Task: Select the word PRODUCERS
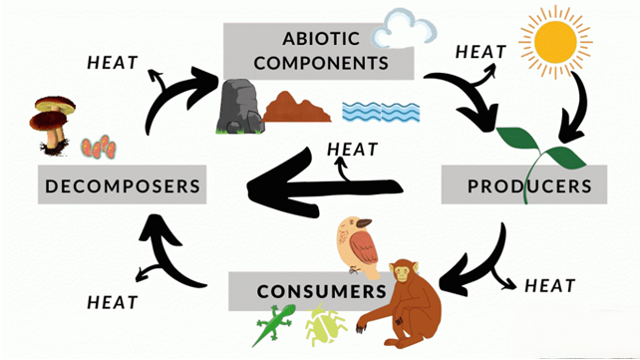[x=529, y=185]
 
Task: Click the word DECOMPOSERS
[x=123, y=185]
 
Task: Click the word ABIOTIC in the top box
[x=318, y=41]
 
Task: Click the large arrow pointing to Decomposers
[x=319, y=184]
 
